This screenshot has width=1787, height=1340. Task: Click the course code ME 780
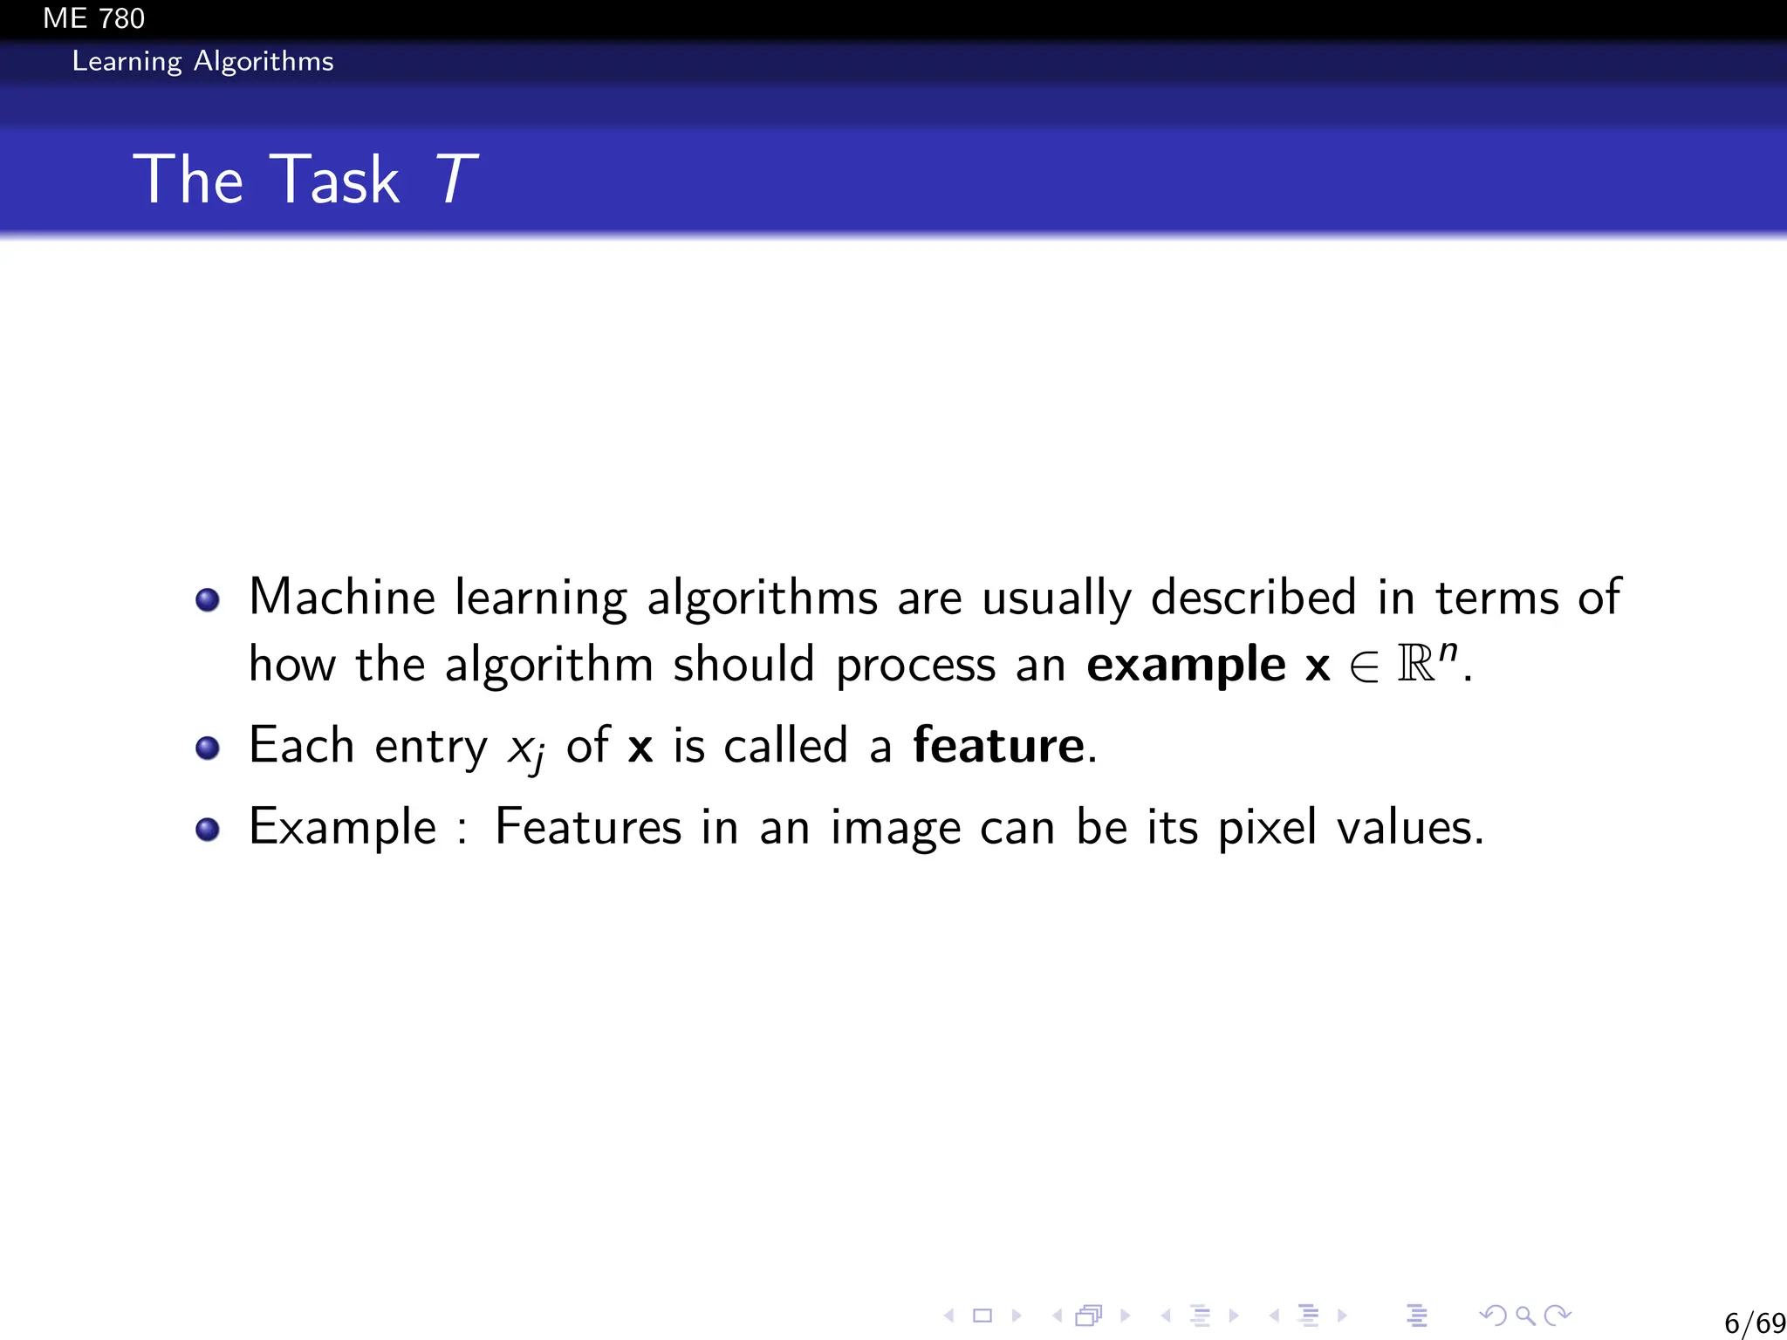coord(93,18)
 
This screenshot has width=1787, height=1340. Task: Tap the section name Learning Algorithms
coord(202,61)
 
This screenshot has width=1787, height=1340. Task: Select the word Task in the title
coord(334,179)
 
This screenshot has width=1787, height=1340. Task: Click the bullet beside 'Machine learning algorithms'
coord(208,600)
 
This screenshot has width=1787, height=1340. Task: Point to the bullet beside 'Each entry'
coord(208,748)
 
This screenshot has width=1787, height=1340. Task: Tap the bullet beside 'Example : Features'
coord(208,829)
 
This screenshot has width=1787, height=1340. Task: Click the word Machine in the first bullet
coord(342,598)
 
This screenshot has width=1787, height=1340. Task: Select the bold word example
coord(1186,666)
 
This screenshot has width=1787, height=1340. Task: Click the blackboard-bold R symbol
coord(1415,664)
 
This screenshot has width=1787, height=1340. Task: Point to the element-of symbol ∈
coord(1364,667)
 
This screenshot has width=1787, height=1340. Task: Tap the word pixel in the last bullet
coord(1266,827)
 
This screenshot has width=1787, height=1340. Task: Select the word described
coord(1253,598)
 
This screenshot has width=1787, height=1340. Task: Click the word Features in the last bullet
coord(587,827)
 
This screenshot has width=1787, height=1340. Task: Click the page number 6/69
coord(1755,1323)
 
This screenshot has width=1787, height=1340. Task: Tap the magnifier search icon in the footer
coord(1525,1315)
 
